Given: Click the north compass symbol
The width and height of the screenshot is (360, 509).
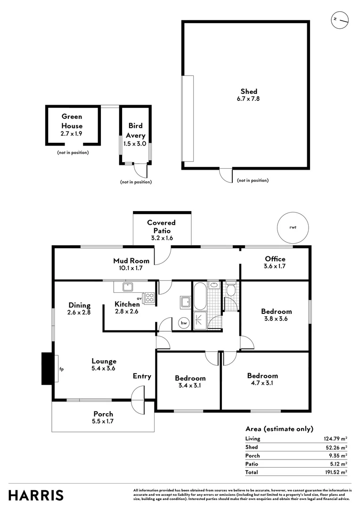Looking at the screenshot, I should (x=339, y=19).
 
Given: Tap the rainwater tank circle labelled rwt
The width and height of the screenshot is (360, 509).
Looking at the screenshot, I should (x=293, y=227).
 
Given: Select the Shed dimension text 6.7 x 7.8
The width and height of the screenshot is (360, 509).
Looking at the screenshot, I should (x=249, y=99).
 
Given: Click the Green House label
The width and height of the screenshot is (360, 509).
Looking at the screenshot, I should (x=72, y=121).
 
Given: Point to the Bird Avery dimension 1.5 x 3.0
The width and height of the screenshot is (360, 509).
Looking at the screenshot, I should (x=135, y=144).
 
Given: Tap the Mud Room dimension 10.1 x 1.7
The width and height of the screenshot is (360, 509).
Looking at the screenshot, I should (x=131, y=268).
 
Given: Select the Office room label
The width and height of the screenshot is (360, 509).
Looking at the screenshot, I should (x=275, y=259).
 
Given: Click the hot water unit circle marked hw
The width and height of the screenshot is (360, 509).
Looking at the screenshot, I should (x=183, y=323).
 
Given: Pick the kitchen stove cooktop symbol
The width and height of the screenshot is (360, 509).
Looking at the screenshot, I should (x=149, y=297).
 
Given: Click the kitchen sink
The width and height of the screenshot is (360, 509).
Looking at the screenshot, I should (x=127, y=286).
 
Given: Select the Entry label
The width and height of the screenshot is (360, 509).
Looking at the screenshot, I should (x=142, y=376).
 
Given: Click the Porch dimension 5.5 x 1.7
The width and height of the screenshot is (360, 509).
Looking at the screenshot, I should (x=103, y=421).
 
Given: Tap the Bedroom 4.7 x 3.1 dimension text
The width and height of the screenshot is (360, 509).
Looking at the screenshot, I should (x=262, y=383).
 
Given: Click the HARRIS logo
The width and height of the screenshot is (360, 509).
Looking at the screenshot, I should (x=36, y=495).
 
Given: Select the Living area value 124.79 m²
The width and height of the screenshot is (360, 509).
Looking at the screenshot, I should (x=335, y=439).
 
